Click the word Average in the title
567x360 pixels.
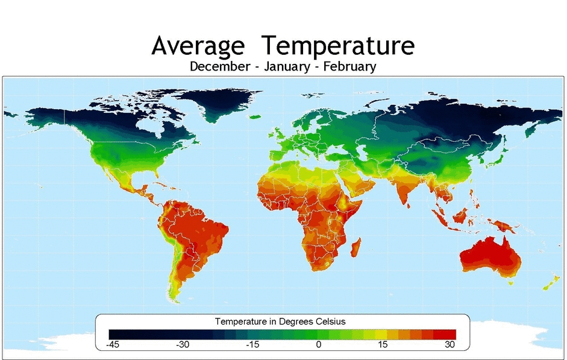click(x=198, y=46)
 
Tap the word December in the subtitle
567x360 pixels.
click(x=219, y=66)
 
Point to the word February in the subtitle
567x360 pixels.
click(x=349, y=66)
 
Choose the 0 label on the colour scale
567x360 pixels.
click(x=318, y=344)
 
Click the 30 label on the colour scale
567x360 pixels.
click(x=450, y=344)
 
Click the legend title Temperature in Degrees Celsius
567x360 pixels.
click(x=280, y=321)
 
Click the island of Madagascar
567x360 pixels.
click(x=356, y=248)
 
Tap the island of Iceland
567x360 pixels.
click(x=256, y=116)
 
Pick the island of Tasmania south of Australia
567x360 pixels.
click(x=511, y=281)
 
